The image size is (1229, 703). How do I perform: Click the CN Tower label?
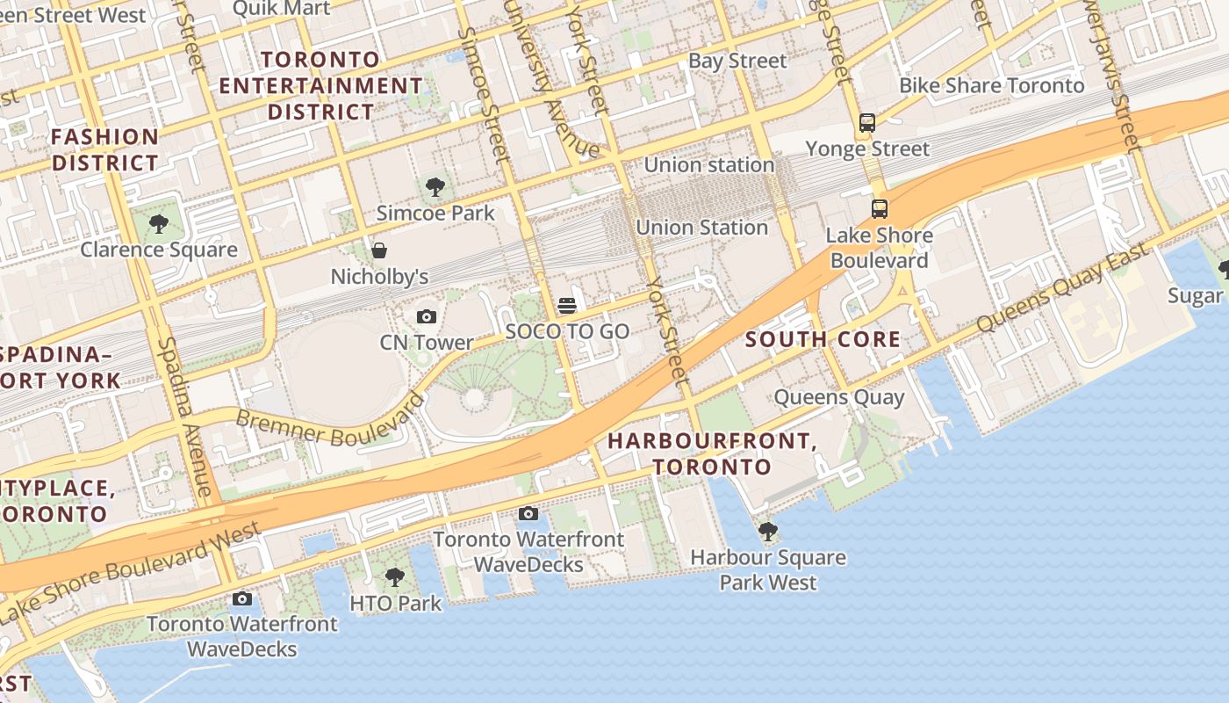point(427,343)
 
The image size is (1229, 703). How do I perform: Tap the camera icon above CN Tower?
point(427,316)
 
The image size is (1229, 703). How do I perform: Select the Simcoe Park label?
point(435,213)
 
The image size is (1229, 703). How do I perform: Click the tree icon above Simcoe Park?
point(435,186)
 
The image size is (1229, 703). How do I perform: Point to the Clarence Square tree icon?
point(159,224)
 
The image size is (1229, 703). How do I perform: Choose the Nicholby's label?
point(379,277)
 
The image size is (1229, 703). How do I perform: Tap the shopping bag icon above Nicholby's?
point(379,250)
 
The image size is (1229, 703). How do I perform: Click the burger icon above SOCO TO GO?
point(567,306)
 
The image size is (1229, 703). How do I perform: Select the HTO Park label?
point(396,604)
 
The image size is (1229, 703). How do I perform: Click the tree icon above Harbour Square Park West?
point(768,531)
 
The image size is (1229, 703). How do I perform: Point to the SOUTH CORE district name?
point(823,339)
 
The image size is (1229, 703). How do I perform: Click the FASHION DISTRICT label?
point(105,149)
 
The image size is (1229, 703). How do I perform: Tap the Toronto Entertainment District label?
point(321,86)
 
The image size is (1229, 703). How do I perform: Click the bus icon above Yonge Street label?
point(867,122)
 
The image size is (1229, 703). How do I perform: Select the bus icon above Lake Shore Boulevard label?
point(880,209)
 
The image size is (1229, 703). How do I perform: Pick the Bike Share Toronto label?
point(992,85)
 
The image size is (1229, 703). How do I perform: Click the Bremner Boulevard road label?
point(328,423)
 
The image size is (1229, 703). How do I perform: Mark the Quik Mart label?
point(281,9)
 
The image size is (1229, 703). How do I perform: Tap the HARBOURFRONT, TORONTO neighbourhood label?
point(712,453)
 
